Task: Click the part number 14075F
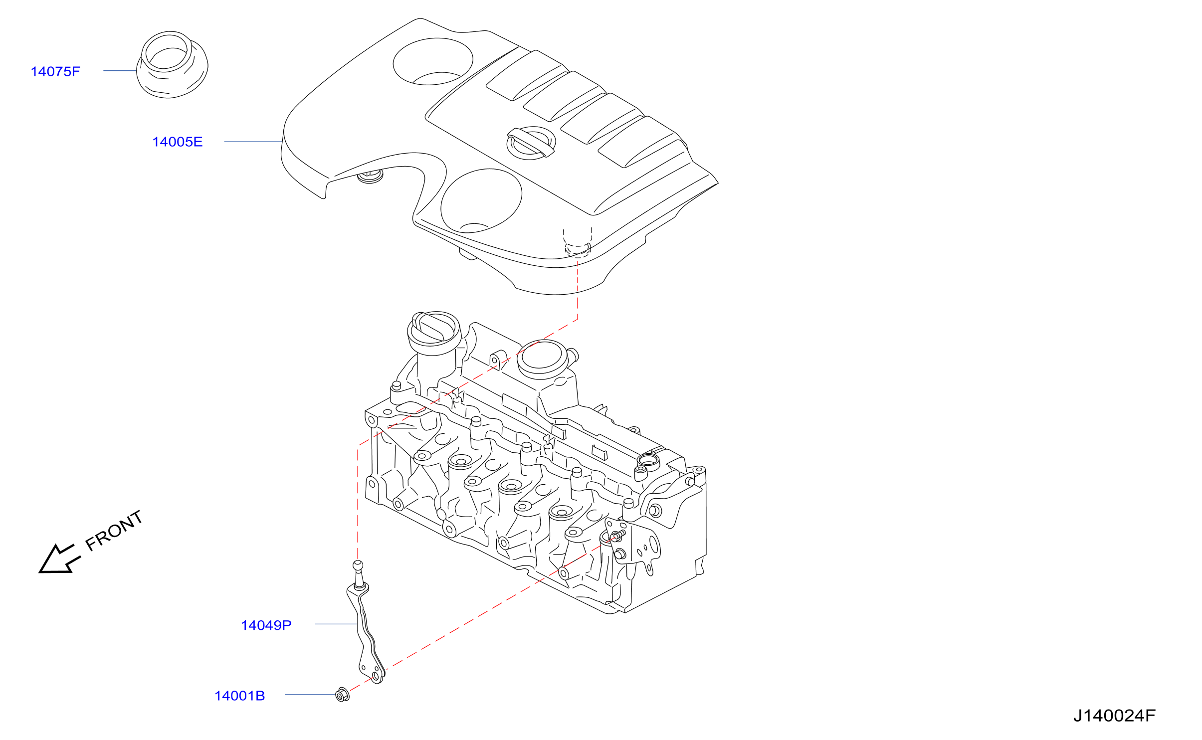55,72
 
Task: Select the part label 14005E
178,142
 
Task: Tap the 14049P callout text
266,625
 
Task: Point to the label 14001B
240,696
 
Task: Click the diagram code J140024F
1115,716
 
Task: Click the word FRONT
114,531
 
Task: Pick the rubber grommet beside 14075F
172,65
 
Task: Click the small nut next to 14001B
343,694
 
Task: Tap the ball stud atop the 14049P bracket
358,575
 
